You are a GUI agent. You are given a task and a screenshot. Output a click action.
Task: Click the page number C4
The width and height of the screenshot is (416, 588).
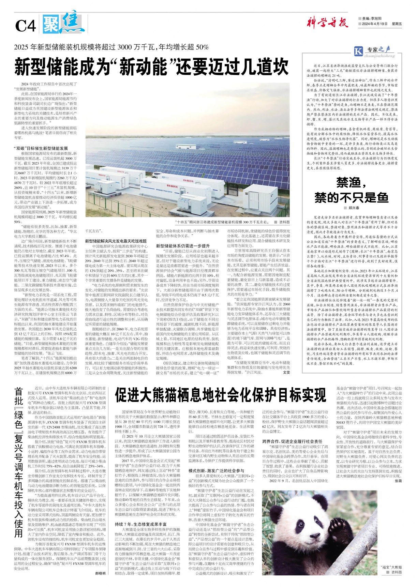pyautogui.click(x=26, y=25)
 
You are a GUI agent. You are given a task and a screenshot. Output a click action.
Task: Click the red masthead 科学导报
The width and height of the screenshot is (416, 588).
pyautogui.click(x=327, y=23)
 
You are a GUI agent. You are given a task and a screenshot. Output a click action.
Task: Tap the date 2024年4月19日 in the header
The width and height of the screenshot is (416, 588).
pyautogui.click(x=375, y=24)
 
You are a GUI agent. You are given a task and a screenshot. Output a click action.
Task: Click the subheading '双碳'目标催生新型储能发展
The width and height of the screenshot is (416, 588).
pyautogui.click(x=41, y=148)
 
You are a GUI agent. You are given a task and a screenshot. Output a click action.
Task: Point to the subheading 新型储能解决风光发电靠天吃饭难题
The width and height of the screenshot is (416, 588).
pyautogui.click(x=116, y=241)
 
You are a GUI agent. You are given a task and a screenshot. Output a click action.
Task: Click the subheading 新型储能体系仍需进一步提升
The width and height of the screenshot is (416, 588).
pyautogui.click(x=183, y=246)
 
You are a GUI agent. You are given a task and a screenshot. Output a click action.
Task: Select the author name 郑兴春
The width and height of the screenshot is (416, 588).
pyautogui.click(x=354, y=208)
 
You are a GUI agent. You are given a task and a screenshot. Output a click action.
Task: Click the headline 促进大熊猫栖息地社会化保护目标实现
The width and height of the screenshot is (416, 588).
pyautogui.click(x=221, y=395)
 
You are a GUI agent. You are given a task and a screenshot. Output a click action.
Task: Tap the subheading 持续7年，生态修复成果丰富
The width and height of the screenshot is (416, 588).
pyautogui.click(x=141, y=524)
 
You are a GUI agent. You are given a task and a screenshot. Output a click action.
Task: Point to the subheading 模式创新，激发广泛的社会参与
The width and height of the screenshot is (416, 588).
pyautogui.click(x=216, y=471)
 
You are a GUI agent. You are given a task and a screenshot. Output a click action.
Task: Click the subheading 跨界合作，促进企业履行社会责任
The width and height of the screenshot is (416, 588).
pyautogui.click(x=292, y=441)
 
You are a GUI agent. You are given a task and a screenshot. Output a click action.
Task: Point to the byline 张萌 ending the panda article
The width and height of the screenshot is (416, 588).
pyautogui.click(x=398, y=481)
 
